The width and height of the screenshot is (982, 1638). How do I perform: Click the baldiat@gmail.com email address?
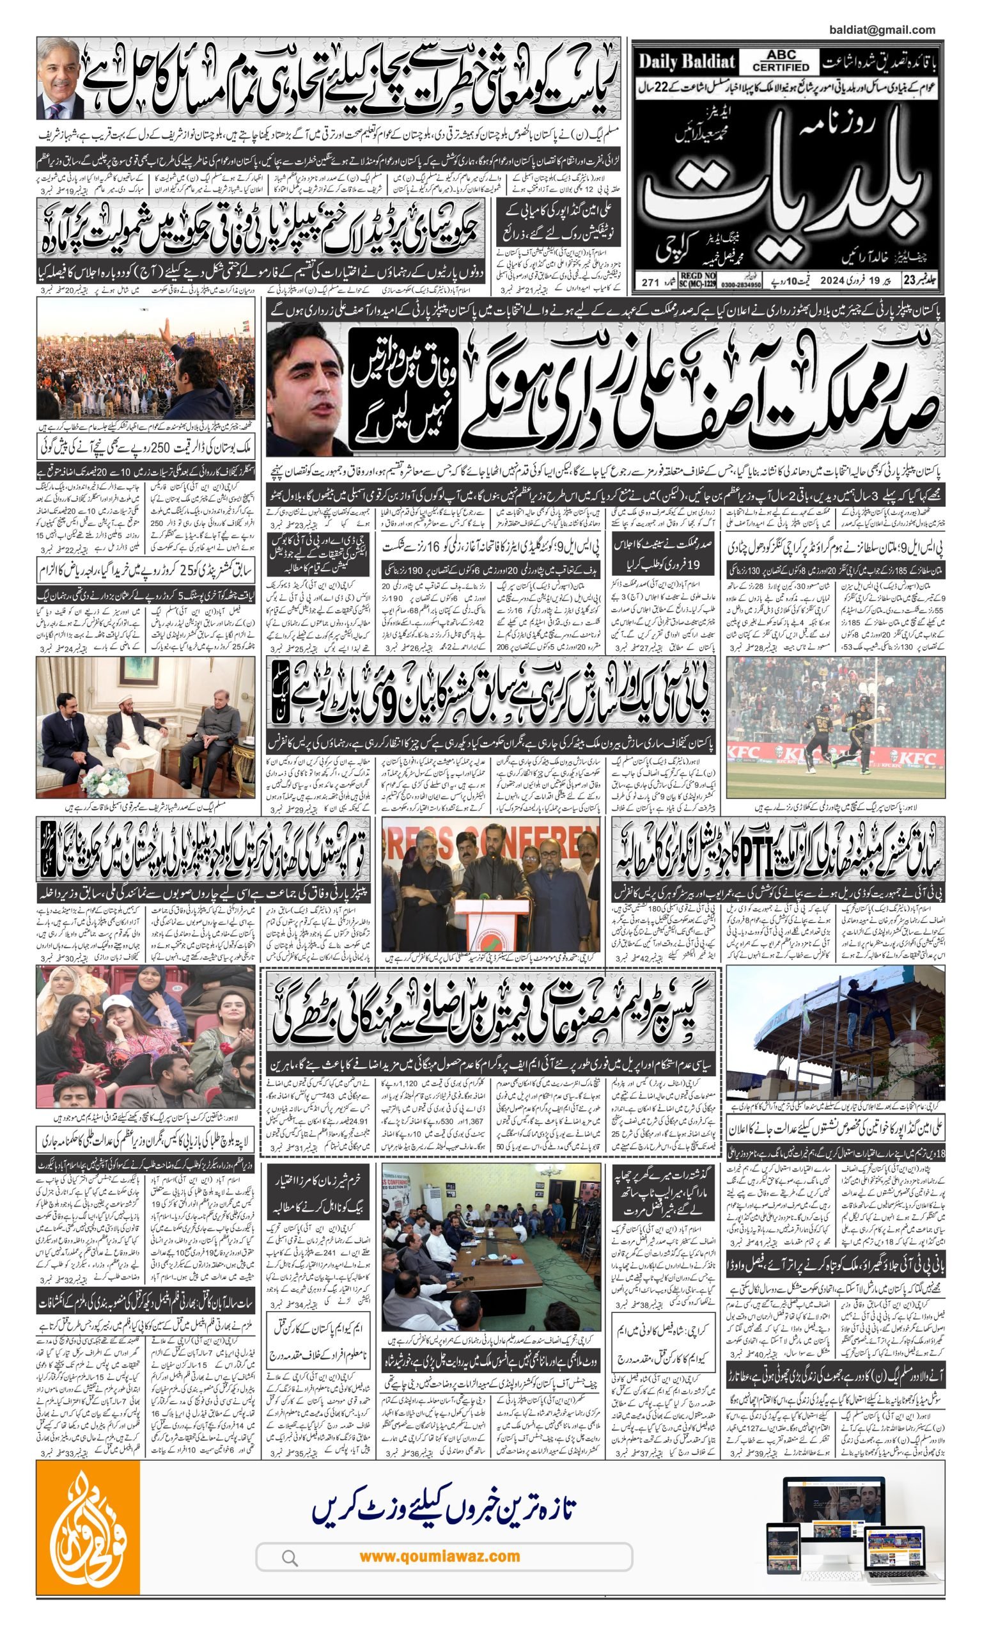pos(882,29)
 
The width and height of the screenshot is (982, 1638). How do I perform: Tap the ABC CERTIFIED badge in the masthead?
pos(780,61)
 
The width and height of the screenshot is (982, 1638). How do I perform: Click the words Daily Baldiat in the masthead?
pos(687,62)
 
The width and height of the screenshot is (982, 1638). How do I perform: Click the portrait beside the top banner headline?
pos(61,78)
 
